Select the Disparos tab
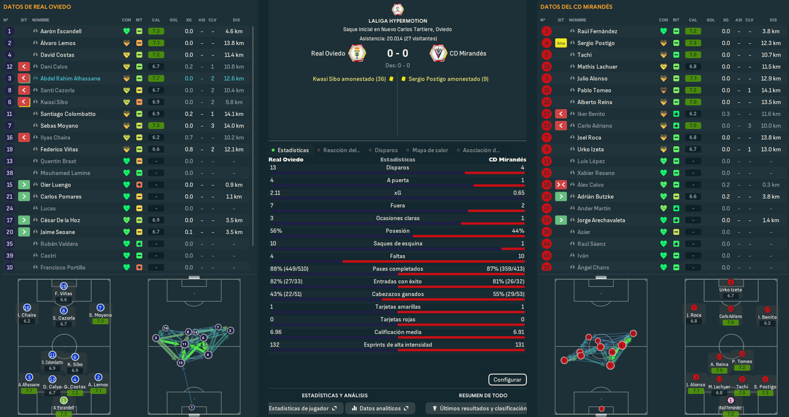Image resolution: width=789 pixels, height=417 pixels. click(385, 150)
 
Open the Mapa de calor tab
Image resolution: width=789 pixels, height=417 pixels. click(430, 150)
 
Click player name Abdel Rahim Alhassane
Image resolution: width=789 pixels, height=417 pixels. click(70, 78)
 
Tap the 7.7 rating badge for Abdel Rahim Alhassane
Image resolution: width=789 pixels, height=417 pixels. click(156, 78)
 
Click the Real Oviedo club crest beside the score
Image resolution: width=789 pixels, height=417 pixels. click(356, 53)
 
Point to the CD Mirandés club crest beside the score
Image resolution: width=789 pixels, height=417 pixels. click(438, 53)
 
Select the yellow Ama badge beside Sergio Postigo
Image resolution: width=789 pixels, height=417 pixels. click(560, 43)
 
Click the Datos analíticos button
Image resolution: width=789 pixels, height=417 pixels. click(376, 408)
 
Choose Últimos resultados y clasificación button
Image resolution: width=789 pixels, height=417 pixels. click(479, 408)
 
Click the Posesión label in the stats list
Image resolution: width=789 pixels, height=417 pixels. click(398, 231)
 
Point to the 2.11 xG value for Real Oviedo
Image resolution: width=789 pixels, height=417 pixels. click(275, 193)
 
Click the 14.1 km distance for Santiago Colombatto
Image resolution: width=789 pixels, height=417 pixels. click(234, 114)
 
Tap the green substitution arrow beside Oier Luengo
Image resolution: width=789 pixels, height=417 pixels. click(23, 185)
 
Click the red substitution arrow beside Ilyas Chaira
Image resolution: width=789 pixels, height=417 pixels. click(23, 137)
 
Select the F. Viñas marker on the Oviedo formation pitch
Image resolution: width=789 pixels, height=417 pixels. click(63, 287)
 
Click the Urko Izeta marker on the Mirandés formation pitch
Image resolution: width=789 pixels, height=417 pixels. click(730, 283)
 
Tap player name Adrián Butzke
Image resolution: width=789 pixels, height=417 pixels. click(595, 196)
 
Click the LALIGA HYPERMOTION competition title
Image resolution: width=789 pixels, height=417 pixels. click(398, 21)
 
